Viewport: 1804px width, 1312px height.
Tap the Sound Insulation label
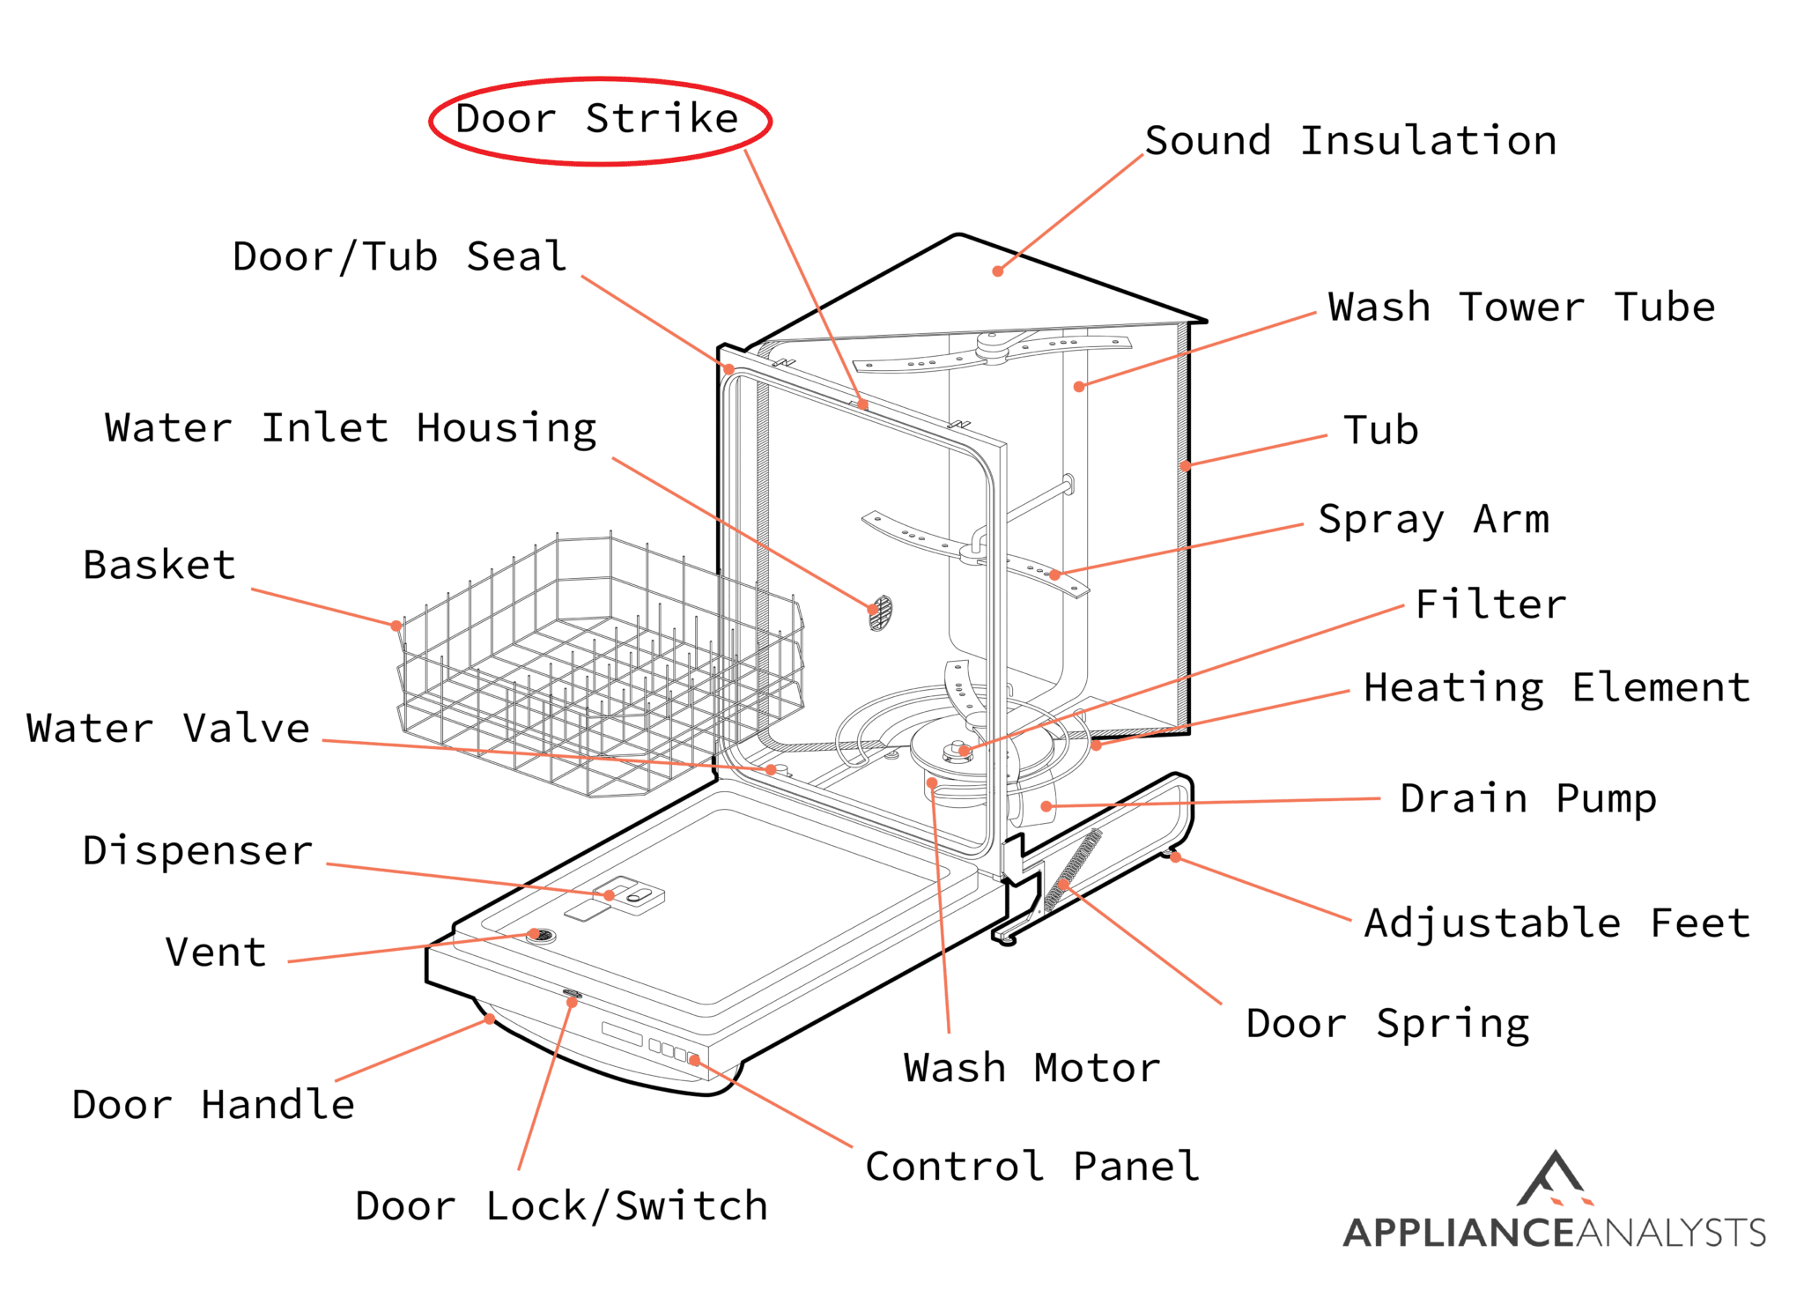coord(1349,141)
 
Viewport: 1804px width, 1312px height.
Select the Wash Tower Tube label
coord(1521,308)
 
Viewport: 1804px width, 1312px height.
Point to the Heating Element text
coord(1556,688)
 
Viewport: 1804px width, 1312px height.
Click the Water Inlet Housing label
coord(351,429)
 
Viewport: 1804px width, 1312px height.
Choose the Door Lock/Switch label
coord(561,1206)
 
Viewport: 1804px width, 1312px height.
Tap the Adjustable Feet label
coord(1556,923)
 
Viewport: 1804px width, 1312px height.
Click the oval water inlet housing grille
coord(880,612)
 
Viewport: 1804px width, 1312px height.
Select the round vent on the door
coord(540,935)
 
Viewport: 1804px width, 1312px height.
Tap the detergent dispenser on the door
coord(629,894)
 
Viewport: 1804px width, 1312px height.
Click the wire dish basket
coord(599,670)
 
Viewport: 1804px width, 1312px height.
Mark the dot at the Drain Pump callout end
coord(1046,805)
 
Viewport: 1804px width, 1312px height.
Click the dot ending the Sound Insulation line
coord(998,271)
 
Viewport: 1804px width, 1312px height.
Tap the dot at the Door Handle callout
coord(490,1019)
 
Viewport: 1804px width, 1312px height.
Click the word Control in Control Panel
coord(955,1167)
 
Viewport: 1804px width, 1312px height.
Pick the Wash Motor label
coord(1031,1068)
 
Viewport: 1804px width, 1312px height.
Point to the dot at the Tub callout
coord(1186,466)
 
